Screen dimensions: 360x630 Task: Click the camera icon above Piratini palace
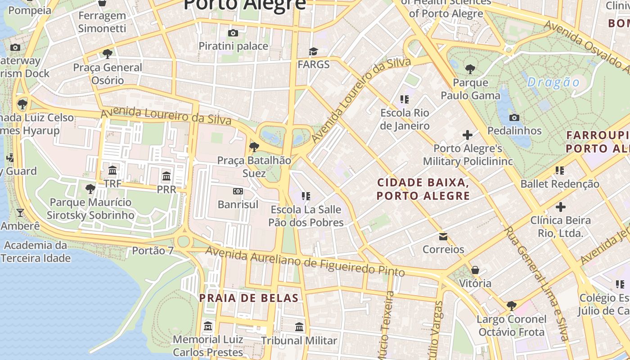coord(233,33)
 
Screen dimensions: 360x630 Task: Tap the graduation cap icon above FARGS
coord(313,51)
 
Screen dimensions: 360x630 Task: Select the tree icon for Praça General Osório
coord(108,54)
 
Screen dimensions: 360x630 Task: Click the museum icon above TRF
coord(112,171)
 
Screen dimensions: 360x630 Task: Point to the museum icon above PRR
coord(166,176)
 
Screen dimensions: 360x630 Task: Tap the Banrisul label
coord(238,204)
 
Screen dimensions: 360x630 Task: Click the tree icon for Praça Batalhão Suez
coord(254,147)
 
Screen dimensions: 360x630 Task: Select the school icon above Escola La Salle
coord(306,196)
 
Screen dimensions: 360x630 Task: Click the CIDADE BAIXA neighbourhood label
coord(423,189)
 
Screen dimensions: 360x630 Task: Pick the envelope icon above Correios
coord(443,236)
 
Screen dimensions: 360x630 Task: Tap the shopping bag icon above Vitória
coord(475,270)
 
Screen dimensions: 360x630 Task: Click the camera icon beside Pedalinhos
coord(514,117)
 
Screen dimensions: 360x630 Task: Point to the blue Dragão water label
coord(553,82)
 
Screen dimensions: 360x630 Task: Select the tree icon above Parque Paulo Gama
coord(470,69)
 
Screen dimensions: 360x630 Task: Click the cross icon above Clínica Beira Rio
coord(560,207)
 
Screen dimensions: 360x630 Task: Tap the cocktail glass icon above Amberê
coord(20,212)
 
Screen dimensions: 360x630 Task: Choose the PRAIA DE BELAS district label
coord(249,298)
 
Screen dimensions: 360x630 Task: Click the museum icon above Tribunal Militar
coord(299,327)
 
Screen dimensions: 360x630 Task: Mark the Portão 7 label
coord(153,251)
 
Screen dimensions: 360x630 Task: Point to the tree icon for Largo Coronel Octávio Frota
coord(512,306)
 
